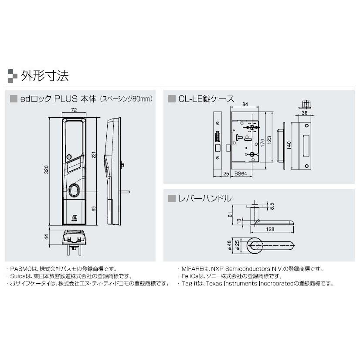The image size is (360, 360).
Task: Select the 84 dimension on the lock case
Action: [245, 105]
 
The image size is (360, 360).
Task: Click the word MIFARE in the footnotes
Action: [190, 269]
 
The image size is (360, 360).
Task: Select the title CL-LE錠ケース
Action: [206, 99]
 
